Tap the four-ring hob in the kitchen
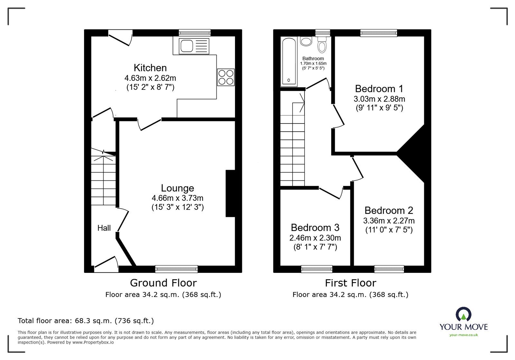point(226,77)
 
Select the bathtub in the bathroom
point(289,61)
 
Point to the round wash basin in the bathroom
point(306,42)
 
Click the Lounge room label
point(177,188)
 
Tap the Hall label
point(104,228)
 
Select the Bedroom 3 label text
point(315,228)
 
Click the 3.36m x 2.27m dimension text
point(389,221)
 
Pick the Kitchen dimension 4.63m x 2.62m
point(150,78)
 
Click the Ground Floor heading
point(163,283)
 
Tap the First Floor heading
point(350,283)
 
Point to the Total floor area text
point(86,321)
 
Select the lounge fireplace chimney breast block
point(230,193)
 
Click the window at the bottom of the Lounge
point(176,269)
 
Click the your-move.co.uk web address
point(464,335)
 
